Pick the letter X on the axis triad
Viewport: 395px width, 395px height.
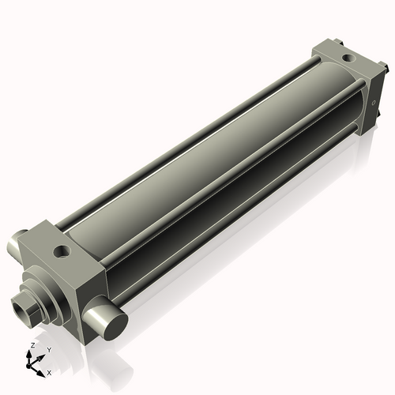pyautogui.click(x=49, y=371)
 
